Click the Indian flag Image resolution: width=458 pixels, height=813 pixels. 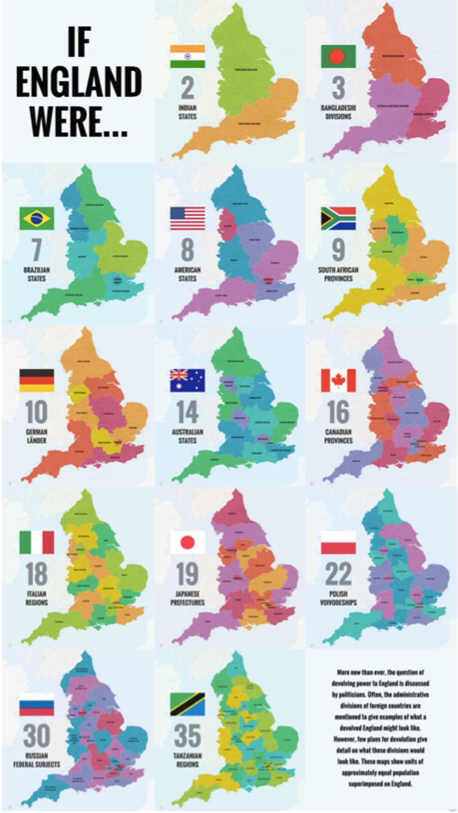[x=187, y=57]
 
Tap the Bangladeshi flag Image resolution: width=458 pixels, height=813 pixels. [x=338, y=57]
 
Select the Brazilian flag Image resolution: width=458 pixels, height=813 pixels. [x=36, y=218]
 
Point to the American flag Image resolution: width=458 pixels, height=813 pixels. [x=187, y=218]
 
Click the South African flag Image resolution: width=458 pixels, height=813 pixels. [x=338, y=218]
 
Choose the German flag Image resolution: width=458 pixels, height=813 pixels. [x=36, y=380]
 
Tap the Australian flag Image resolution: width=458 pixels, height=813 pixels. [x=187, y=380]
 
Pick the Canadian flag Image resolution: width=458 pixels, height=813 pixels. [x=338, y=380]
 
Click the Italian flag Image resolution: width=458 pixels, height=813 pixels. [x=36, y=542]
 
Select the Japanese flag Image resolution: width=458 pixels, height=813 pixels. [x=187, y=542]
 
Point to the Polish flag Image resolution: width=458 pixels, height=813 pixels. [x=338, y=542]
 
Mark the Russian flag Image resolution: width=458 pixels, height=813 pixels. [x=36, y=704]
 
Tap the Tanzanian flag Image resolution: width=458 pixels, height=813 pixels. [x=187, y=704]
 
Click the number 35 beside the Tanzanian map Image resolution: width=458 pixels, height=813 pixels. [x=187, y=736]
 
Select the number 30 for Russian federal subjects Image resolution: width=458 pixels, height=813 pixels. [x=36, y=736]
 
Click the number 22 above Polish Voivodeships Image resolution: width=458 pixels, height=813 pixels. [x=338, y=574]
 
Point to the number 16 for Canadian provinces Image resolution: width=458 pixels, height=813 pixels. [x=338, y=412]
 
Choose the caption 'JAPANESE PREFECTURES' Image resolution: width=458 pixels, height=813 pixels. [x=187, y=598]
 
